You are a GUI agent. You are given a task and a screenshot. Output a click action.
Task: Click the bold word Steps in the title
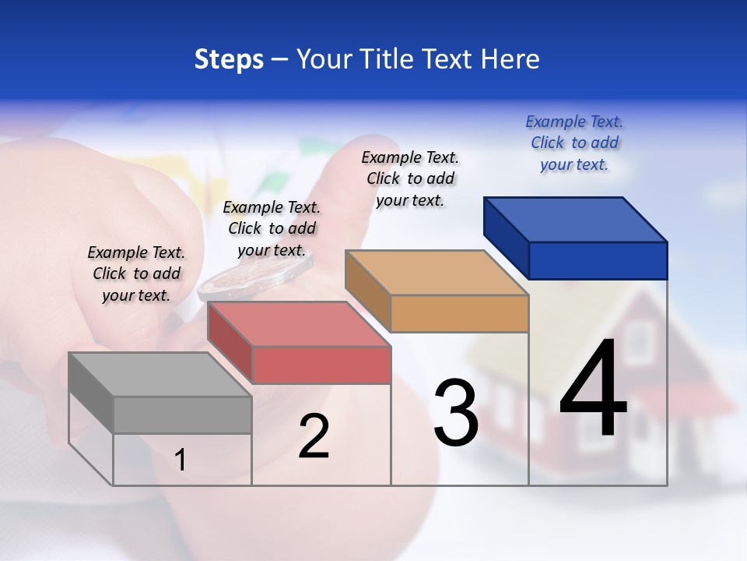(229, 59)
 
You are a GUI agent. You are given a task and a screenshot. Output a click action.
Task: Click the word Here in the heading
(510, 59)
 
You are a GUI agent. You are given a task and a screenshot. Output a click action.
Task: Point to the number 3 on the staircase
(455, 412)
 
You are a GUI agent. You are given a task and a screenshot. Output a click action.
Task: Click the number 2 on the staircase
(314, 436)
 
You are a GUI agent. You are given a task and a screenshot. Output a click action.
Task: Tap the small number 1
(181, 460)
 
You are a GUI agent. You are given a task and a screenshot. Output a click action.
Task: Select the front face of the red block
(321, 365)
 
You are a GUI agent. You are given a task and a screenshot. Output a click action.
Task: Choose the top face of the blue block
(575, 220)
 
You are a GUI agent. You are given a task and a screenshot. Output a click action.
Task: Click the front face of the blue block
(598, 260)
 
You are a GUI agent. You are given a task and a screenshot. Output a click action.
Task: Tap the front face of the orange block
(459, 313)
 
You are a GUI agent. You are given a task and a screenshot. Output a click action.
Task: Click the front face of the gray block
(182, 415)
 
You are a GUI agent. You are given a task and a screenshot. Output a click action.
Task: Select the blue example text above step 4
(574, 143)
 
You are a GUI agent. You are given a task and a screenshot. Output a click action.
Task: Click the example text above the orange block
(410, 179)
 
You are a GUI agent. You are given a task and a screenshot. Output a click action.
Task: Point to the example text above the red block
(272, 229)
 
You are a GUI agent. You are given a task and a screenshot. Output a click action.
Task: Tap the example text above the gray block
(136, 274)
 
